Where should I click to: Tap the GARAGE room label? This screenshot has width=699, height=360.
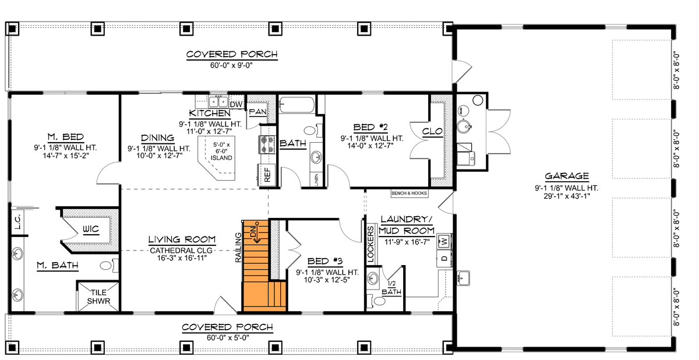pos(566,176)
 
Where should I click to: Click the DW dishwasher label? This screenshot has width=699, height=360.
pos(236,104)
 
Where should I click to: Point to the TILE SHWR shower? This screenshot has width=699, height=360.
pos(98,297)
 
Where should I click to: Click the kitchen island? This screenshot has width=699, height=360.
pos(220,156)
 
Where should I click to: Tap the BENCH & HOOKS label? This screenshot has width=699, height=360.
pos(409,192)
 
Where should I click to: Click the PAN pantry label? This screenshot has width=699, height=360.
pos(257,111)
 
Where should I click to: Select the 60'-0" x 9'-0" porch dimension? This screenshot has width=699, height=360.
pos(231,65)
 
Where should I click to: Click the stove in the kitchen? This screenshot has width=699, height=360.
pos(266,145)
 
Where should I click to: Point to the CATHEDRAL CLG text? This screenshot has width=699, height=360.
pos(182,250)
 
